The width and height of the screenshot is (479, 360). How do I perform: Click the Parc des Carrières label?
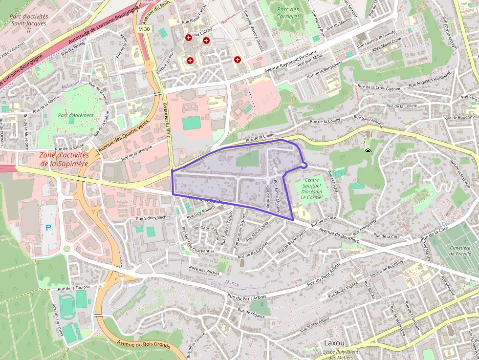coord(287,13)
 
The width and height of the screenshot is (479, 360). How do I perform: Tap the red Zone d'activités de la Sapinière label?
coord(64,159)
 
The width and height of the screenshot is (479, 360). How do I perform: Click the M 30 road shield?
coord(144,29)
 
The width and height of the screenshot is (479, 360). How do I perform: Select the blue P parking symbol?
coord(48,227)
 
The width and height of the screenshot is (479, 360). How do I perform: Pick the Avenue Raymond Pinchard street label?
coord(291,62)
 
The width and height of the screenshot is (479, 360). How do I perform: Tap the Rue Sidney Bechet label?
coord(153,217)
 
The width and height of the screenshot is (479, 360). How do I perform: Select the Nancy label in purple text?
coord(232,283)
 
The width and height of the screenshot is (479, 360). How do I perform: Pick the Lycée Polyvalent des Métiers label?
coord(341,355)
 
